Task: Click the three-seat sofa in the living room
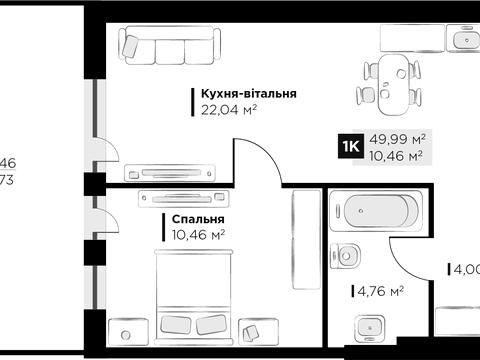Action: click(167, 44)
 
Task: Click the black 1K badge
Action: click(352, 147)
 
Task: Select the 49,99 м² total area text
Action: click(397, 139)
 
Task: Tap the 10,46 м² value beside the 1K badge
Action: click(397, 156)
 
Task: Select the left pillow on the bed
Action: click(176, 323)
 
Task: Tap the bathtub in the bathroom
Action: click(381, 213)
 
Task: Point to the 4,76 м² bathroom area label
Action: click(381, 292)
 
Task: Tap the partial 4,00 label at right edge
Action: click(466, 269)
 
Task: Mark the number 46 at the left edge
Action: click(7, 162)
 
